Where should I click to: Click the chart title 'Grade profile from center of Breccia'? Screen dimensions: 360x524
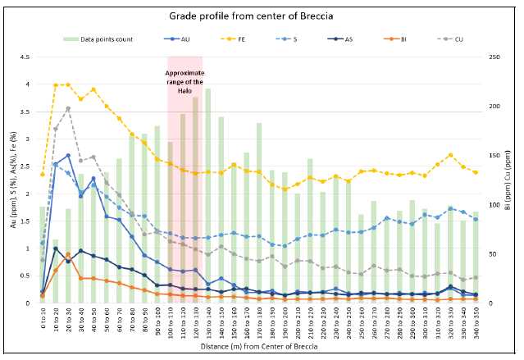(x=261, y=16)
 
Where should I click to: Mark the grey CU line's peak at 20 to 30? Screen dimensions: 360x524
(x=68, y=108)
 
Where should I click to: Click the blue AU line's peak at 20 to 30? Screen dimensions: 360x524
(x=68, y=155)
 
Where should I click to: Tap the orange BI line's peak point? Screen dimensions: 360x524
(x=68, y=255)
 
